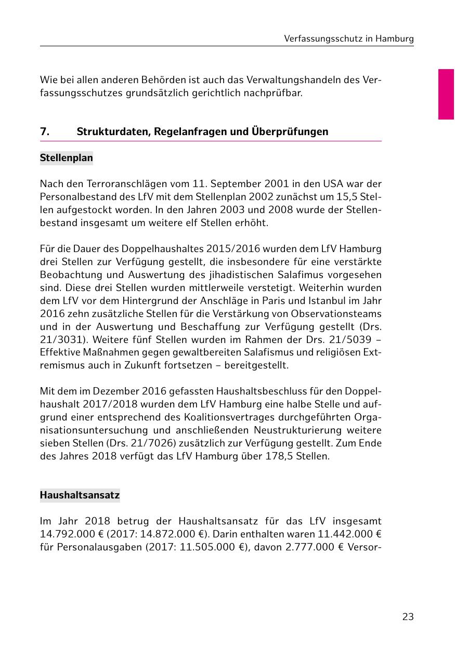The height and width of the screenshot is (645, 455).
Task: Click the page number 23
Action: click(x=408, y=617)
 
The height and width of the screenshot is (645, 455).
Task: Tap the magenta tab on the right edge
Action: click(x=446, y=94)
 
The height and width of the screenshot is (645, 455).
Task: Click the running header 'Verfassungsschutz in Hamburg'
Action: click(x=349, y=39)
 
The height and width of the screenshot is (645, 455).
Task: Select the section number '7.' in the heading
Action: click(x=45, y=131)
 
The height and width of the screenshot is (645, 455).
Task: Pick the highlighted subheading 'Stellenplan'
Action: click(x=66, y=158)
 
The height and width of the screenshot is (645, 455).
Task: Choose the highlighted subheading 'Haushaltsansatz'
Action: click(x=80, y=495)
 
